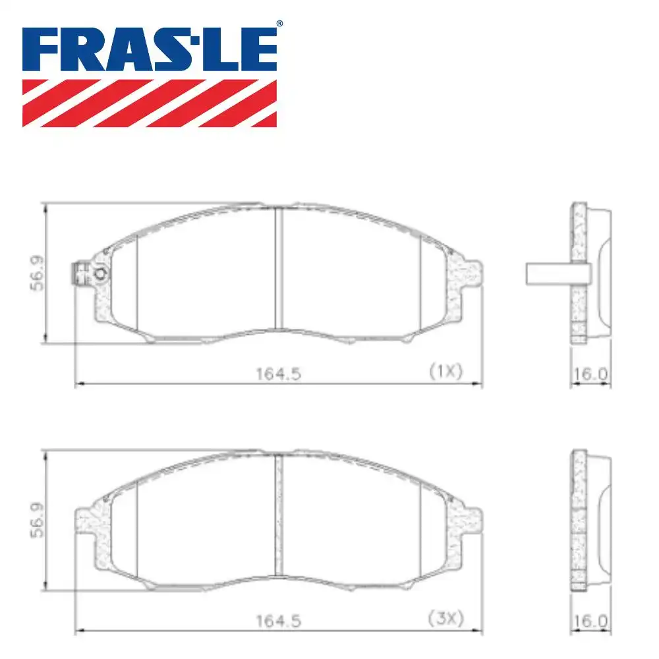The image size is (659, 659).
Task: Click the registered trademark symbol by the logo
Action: point(279,24)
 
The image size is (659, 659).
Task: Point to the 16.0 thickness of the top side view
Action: point(590,374)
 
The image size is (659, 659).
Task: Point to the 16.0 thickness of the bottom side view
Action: point(590,621)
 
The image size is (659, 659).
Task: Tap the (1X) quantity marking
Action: point(445,371)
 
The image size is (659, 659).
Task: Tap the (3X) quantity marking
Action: point(445,619)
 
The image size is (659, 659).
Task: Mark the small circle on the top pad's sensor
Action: point(100,274)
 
